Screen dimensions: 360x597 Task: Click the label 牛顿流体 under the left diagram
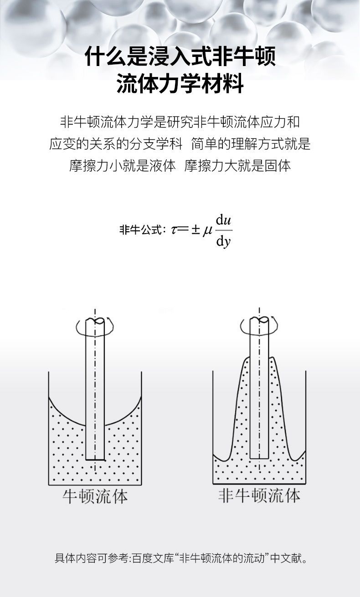[95, 496]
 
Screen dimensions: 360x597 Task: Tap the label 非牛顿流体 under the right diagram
[259, 495]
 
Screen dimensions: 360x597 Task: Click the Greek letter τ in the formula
[174, 230]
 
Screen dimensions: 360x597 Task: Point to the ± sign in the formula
[195, 230]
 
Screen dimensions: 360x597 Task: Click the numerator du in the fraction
[224, 220]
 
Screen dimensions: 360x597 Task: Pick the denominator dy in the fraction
[224, 241]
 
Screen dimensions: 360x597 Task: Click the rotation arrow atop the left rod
[95, 327]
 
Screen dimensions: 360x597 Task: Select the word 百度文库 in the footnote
[154, 558]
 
